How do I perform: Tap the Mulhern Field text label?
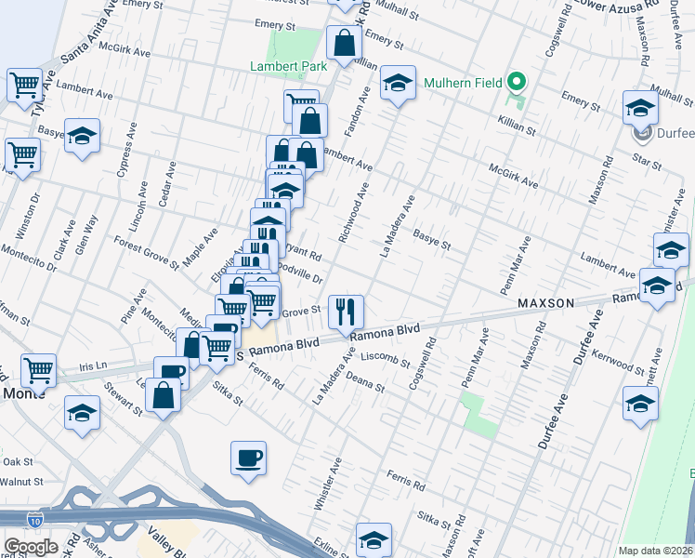462,83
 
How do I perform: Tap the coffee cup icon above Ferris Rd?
248,458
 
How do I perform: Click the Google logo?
31,547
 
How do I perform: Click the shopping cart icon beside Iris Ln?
38,370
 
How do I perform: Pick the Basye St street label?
432,241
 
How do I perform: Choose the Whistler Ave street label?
329,484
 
